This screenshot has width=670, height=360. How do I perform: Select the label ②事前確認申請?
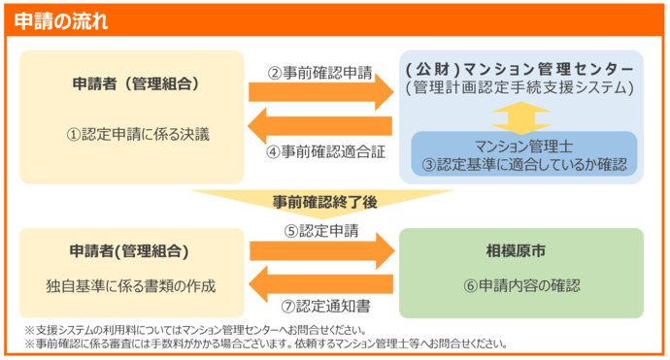[319, 72]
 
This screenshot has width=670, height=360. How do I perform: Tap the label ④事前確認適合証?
[319, 151]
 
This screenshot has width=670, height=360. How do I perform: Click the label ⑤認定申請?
[321, 231]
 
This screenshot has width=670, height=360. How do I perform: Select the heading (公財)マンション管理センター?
[522, 71]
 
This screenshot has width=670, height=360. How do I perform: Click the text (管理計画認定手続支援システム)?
[522, 89]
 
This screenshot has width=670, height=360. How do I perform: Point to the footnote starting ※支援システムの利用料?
[195, 329]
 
